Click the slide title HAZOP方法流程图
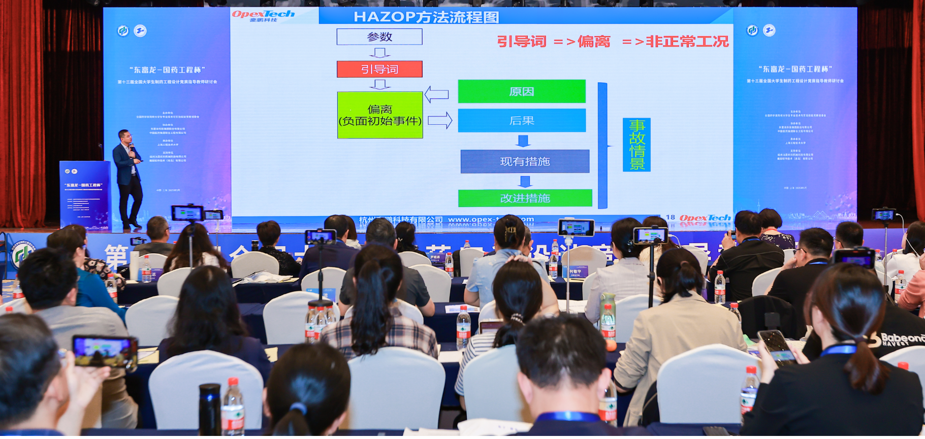426,17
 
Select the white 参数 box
379,37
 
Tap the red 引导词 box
379,69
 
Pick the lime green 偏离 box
380,115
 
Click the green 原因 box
522,91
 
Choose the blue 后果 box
522,121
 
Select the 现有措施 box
525,161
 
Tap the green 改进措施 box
525,198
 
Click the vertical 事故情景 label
636,145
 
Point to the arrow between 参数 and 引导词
379,53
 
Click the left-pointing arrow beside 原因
436,94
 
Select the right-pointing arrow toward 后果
440,120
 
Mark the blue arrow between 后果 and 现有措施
523,141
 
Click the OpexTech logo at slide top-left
263,16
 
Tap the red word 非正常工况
687,41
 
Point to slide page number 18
671,217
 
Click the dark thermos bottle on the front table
209,410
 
